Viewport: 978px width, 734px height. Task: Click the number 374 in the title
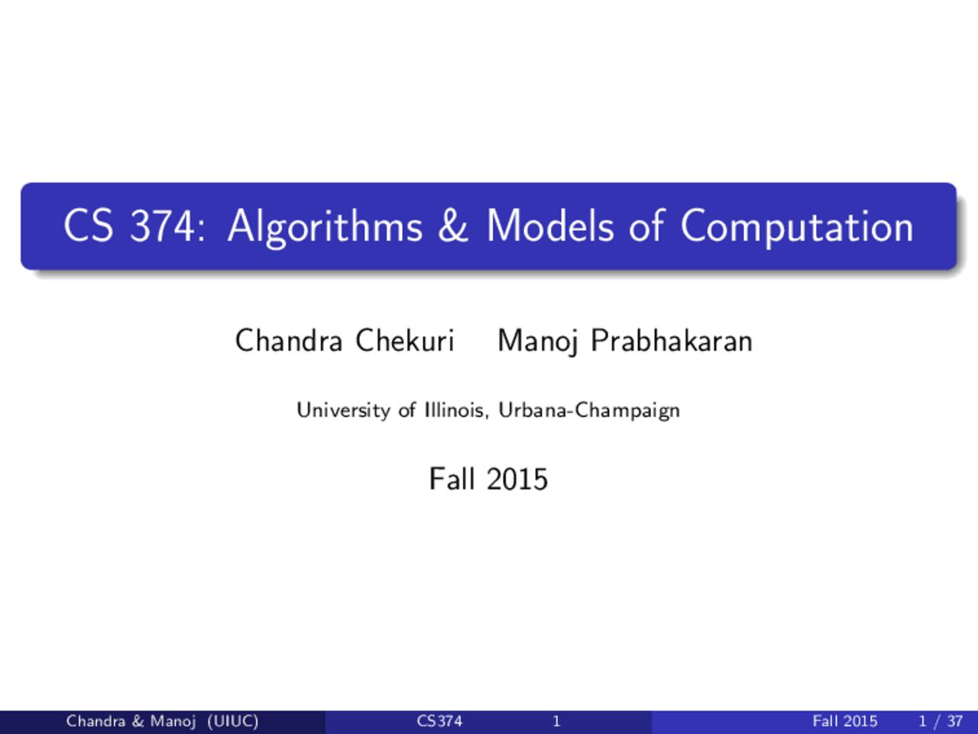[x=163, y=226]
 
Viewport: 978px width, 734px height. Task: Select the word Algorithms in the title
[x=325, y=228]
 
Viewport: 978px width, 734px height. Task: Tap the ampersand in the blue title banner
[x=453, y=226]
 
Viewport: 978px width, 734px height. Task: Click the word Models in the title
[x=550, y=226]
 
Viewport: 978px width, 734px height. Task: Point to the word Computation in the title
[x=797, y=228]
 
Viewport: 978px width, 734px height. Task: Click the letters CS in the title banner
[x=88, y=226]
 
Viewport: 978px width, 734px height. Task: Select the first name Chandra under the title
[x=289, y=340]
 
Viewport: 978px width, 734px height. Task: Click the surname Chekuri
[x=404, y=340]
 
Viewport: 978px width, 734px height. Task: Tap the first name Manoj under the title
[x=538, y=342]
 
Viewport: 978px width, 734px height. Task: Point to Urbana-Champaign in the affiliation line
[x=589, y=411]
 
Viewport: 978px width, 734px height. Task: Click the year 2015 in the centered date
[x=517, y=479]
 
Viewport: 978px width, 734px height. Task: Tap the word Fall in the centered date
[x=452, y=479]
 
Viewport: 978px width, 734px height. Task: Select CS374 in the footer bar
[x=439, y=721]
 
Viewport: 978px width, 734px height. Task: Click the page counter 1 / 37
[x=941, y=722]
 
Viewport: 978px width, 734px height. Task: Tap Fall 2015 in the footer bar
[x=845, y=721]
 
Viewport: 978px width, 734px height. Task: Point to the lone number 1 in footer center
[x=556, y=721]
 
